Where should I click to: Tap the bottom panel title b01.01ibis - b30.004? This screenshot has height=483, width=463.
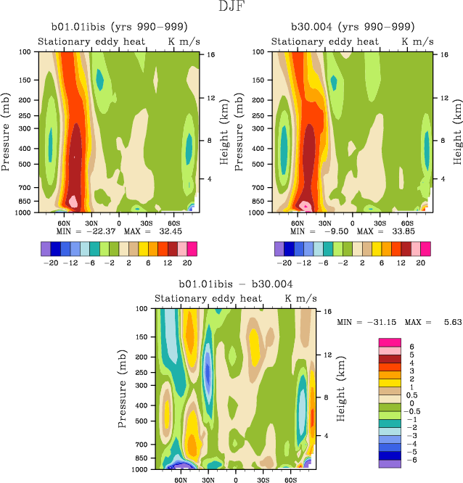[x=236, y=285]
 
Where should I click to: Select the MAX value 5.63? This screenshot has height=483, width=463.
[x=444, y=321]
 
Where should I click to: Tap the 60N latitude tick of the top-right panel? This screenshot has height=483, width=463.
[x=298, y=222]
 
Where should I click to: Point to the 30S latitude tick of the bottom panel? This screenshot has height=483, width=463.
[x=264, y=479]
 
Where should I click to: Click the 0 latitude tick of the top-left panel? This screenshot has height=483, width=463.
[x=119, y=222]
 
